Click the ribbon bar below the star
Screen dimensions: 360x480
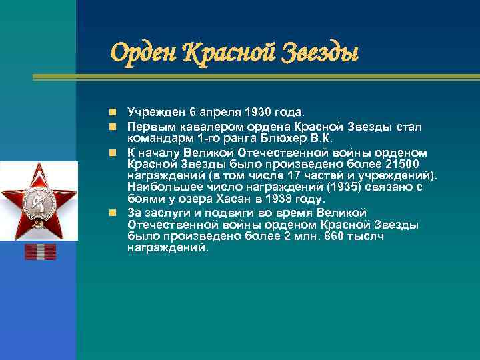(40, 251)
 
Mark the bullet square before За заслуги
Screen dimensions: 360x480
(115, 213)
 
